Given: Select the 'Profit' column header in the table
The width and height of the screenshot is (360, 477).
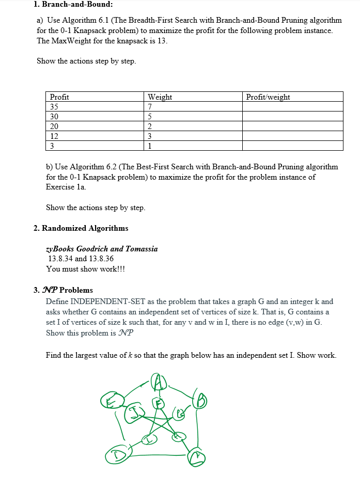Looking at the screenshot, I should coord(59,97).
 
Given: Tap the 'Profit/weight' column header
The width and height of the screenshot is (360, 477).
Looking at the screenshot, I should coord(268,97).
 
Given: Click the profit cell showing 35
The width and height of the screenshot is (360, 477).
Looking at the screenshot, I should coord(54,107).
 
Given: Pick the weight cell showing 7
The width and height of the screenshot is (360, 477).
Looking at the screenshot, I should coord(150,107).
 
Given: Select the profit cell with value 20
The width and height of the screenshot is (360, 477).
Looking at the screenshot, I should coord(54,126).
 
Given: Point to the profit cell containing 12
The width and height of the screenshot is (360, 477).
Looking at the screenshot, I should coord(54,136).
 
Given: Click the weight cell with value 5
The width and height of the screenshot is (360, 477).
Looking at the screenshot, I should coord(150,117).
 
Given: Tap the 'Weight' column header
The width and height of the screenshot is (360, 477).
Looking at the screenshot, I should coord(160,97).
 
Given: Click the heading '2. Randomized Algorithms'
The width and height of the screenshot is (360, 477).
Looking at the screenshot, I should coord(81,228).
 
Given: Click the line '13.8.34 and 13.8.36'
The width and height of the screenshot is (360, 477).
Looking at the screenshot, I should coord(81,259).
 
